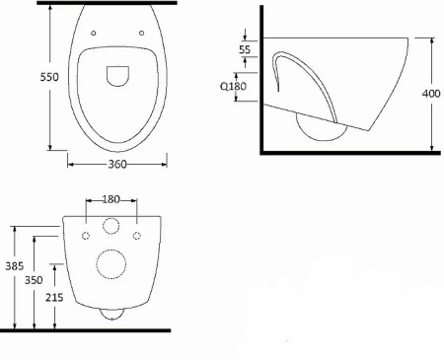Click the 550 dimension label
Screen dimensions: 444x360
[49, 77]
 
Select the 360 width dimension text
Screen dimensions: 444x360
[117, 164]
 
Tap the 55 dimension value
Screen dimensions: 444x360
[245, 49]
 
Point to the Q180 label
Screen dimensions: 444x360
[233, 86]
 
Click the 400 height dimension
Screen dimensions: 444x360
[431, 94]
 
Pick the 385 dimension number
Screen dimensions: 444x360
[15, 266]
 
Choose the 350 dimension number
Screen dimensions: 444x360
[34, 280]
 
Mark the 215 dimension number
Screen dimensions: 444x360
[54, 298]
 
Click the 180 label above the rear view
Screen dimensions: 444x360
[111, 199]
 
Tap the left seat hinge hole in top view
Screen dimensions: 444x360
[94, 33]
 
